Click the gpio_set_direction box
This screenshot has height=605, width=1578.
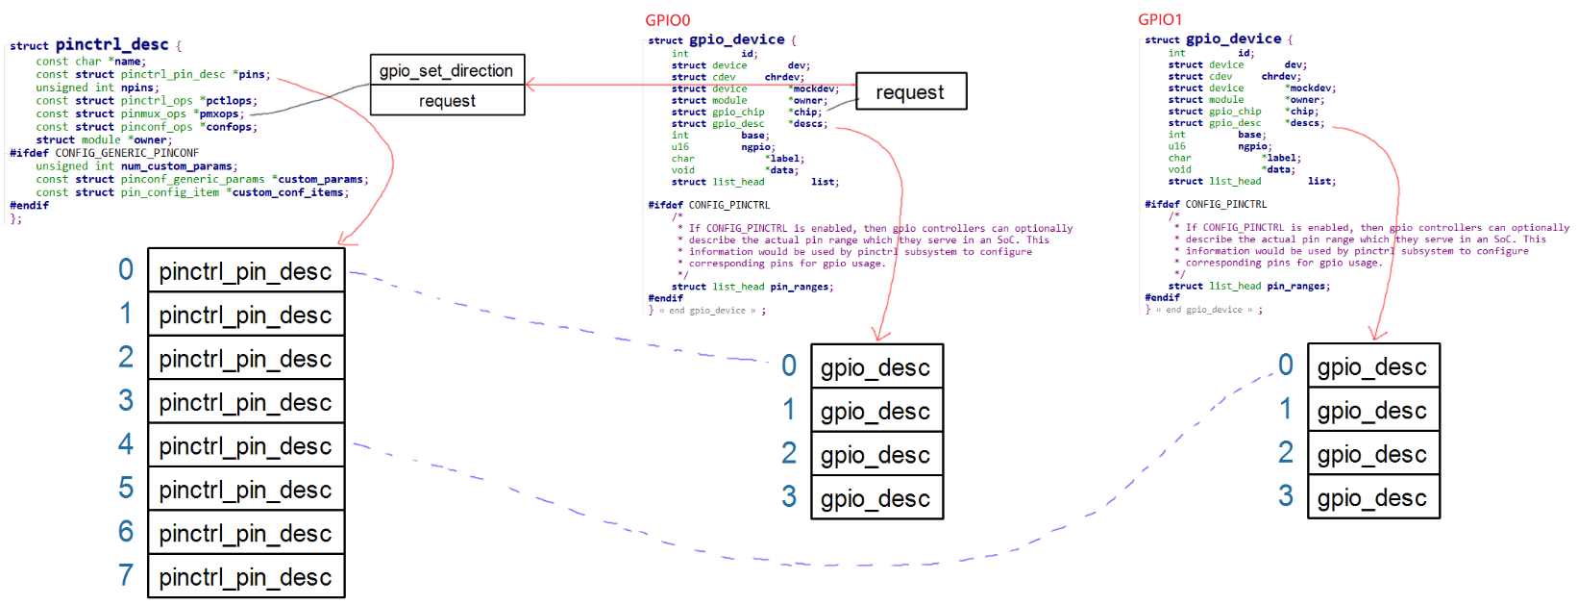click(x=447, y=70)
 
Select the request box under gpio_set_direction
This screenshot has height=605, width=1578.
click(x=447, y=101)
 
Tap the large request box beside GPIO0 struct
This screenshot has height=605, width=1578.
click(x=910, y=92)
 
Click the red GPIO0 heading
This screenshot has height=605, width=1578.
click(x=667, y=20)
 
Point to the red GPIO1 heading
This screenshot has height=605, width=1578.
click(x=1160, y=19)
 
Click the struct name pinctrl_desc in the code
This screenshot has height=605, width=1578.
click(x=111, y=44)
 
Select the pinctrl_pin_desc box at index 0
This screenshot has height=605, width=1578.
click(x=246, y=271)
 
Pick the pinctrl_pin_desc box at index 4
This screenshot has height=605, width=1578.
click(x=246, y=446)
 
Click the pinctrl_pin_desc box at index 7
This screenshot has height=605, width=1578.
click(x=246, y=577)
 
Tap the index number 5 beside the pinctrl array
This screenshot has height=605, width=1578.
click(x=126, y=489)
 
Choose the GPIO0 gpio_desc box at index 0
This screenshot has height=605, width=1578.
click(x=876, y=367)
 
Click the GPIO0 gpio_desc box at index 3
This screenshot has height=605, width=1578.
click(x=876, y=498)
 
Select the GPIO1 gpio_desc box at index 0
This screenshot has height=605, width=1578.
click(x=1372, y=366)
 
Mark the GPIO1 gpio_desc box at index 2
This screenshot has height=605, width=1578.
click(x=1372, y=454)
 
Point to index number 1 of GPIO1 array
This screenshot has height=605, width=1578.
click(x=1286, y=410)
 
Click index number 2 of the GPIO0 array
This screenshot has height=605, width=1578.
click(x=789, y=453)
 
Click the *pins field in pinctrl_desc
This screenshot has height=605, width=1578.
click(x=251, y=74)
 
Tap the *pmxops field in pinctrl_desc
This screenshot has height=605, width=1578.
click(x=218, y=113)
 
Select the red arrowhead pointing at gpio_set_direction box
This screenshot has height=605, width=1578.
click(x=530, y=85)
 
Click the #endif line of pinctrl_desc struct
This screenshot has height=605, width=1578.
click(x=29, y=205)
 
